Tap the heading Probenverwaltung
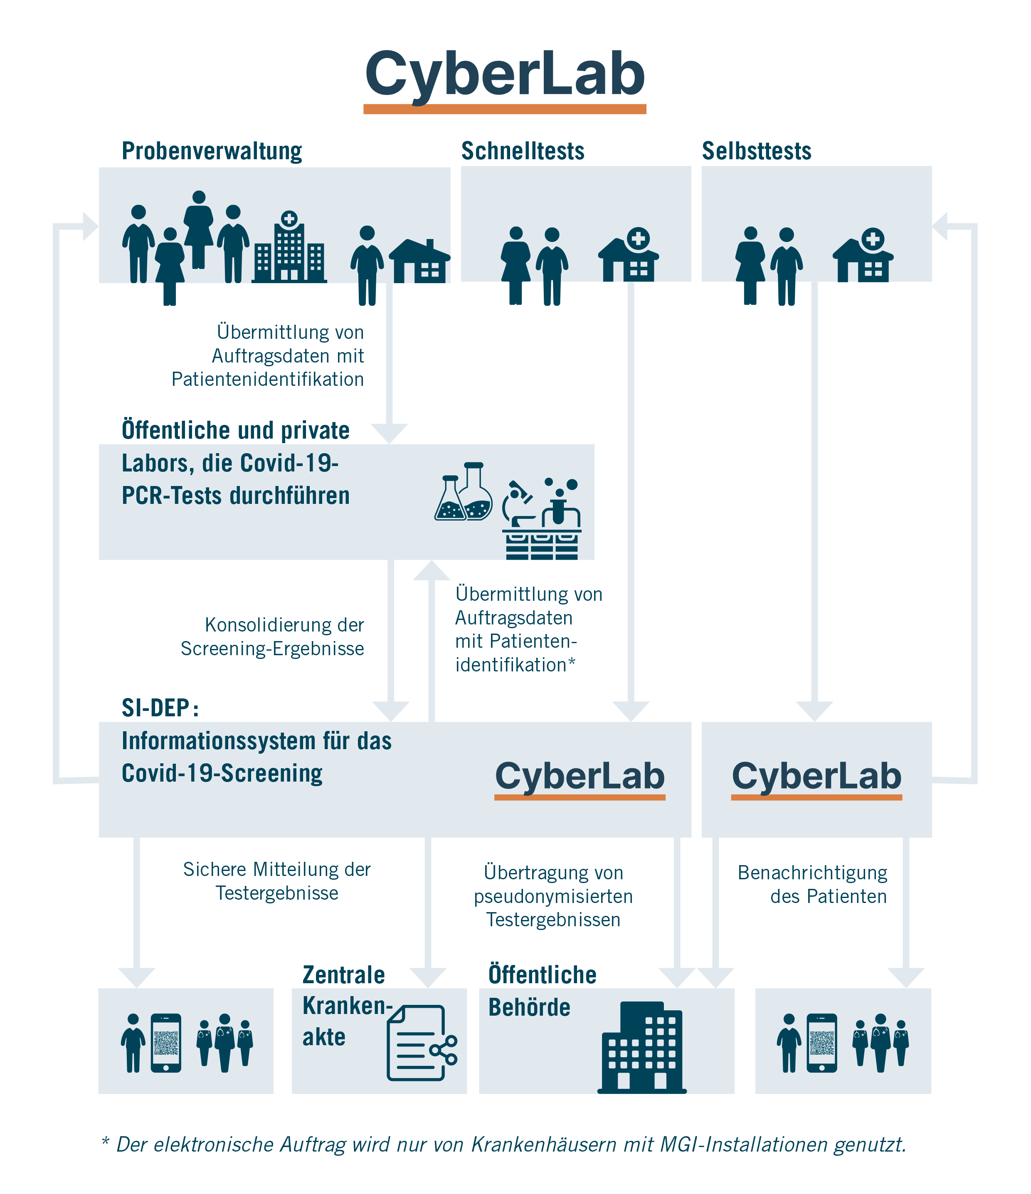[x=212, y=151]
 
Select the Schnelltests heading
[x=522, y=151]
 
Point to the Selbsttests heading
[x=756, y=151]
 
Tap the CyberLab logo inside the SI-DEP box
[x=580, y=778]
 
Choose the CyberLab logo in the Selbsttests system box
[x=816, y=778]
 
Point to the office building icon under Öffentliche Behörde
[x=642, y=1048]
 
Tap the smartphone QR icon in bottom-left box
[x=166, y=1043]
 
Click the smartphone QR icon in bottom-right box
[x=822, y=1043]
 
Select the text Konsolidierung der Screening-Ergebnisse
[x=273, y=637]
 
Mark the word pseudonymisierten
[x=553, y=897]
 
